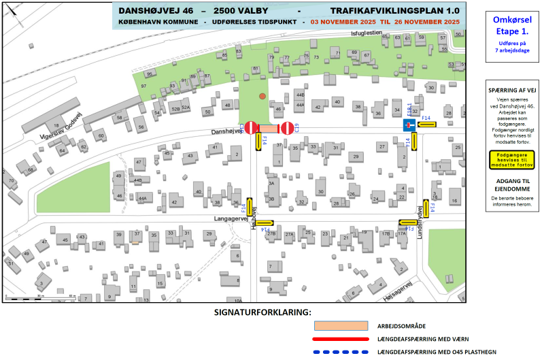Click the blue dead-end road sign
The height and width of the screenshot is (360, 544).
pyautogui.click(x=409, y=125)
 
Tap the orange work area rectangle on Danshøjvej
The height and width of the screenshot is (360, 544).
pyautogui.click(x=269, y=127)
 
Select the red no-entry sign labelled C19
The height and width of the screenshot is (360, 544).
pyautogui.click(x=251, y=127)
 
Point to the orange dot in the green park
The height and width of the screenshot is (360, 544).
pyautogui.click(x=262, y=97)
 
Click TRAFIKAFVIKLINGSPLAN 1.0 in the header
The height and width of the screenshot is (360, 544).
pyautogui.click(x=394, y=11)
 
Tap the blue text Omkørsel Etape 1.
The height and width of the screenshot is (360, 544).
pyautogui.click(x=511, y=26)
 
